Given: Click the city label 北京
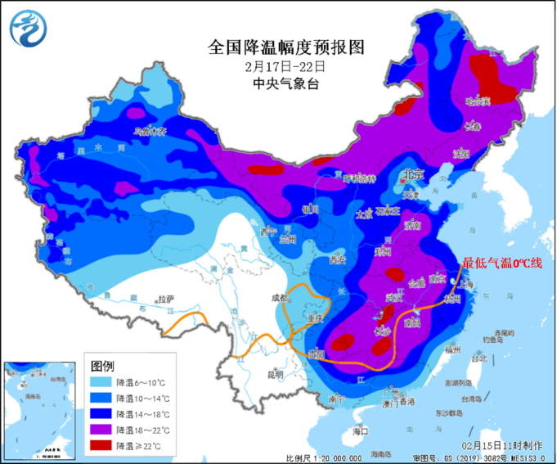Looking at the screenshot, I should (x=413, y=175).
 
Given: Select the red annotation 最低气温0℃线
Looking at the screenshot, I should (x=502, y=263).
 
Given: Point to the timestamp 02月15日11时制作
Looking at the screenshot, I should (x=501, y=445).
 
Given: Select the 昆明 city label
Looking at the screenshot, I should (x=275, y=374).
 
